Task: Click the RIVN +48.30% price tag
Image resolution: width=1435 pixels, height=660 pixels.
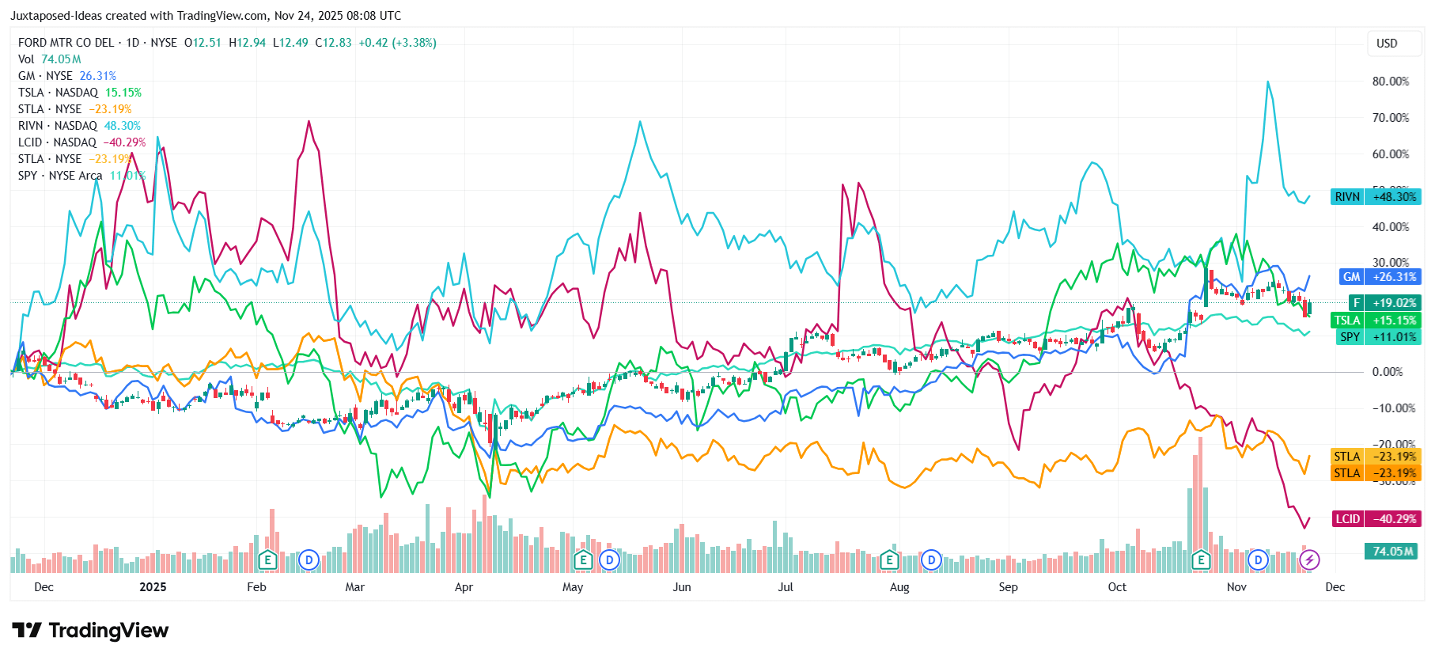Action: (1376, 197)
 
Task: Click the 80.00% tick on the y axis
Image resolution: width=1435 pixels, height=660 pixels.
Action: (1390, 82)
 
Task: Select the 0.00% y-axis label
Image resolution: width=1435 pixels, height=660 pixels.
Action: (1387, 372)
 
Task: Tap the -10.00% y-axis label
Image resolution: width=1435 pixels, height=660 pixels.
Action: (1390, 408)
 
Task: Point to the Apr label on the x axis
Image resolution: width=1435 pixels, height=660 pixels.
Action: (464, 587)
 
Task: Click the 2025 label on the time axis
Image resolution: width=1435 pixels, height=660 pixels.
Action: (153, 587)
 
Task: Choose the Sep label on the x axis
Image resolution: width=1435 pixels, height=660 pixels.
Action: (1008, 587)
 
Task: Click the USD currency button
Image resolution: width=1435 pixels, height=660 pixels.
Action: (1387, 44)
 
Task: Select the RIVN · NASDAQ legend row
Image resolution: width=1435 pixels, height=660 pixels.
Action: (79, 126)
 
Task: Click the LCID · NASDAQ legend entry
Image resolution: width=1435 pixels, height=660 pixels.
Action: (81, 142)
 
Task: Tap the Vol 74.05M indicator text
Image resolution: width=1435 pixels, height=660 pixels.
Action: (49, 59)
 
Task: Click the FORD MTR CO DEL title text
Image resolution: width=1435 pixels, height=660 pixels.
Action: (66, 43)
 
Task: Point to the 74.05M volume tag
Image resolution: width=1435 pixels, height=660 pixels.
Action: (1392, 552)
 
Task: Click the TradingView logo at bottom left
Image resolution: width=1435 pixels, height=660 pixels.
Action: (90, 631)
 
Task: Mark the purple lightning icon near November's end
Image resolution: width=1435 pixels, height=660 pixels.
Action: (1309, 560)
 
